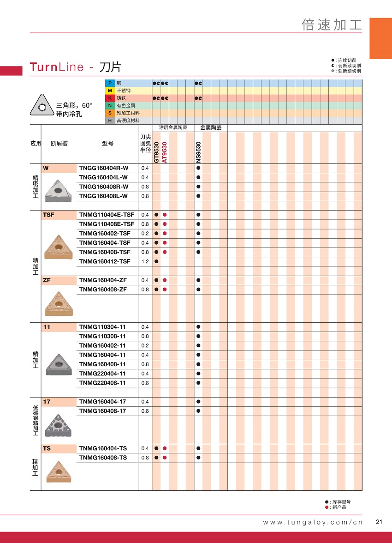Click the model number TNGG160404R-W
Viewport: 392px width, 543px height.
tap(104, 168)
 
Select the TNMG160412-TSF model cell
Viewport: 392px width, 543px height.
tap(105, 261)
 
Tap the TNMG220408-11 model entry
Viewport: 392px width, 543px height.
tap(102, 383)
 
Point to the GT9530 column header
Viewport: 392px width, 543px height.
tap(156, 152)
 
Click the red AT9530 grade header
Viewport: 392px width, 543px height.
tap(165, 152)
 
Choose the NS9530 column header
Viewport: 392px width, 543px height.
tap(198, 152)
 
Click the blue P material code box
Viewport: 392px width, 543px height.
tap(110, 83)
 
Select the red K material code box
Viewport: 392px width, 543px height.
tap(110, 98)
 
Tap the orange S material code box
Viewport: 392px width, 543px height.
tap(110, 113)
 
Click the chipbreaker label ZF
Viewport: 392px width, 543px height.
tap(47, 280)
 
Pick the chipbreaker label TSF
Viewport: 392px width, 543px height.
tap(48, 215)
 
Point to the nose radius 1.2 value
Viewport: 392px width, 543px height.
tap(145, 261)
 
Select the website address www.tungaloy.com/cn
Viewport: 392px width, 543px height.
tap(313, 522)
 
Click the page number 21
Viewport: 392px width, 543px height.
tap(380, 522)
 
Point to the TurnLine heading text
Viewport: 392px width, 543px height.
tap(57, 67)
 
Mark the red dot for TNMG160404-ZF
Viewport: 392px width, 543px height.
tap(165, 280)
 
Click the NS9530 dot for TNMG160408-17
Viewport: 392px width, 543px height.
tap(198, 411)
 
